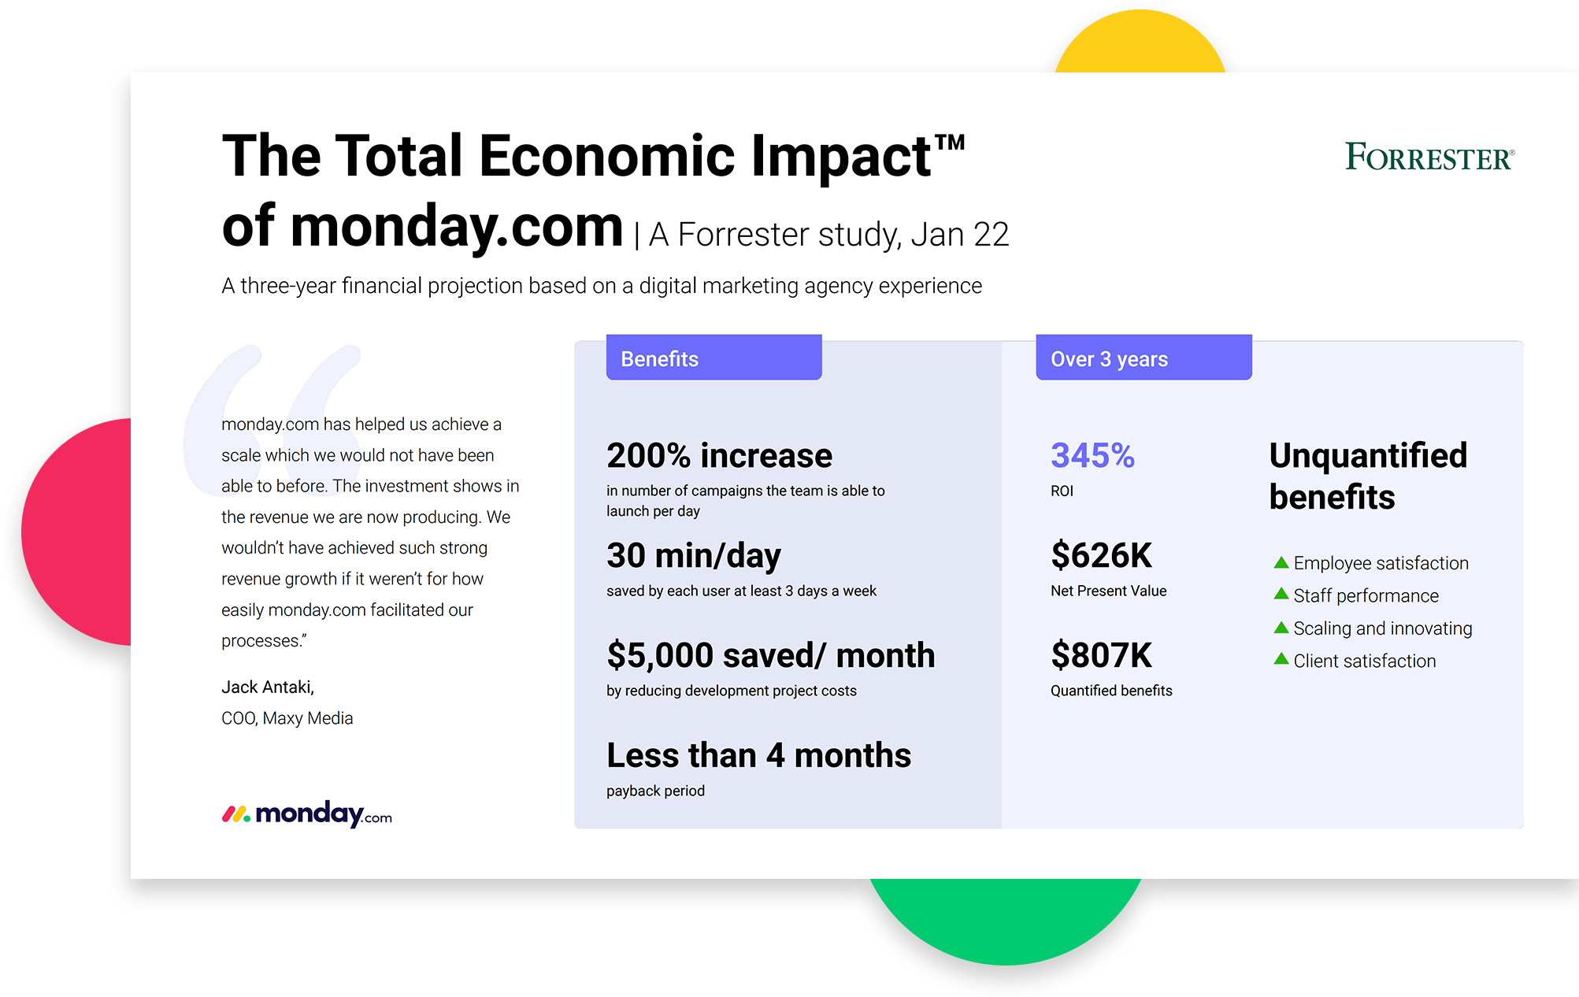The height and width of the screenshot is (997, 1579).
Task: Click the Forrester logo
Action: pyautogui.click(x=1429, y=157)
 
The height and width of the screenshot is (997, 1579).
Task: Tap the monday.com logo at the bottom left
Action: pyautogui.click(x=306, y=814)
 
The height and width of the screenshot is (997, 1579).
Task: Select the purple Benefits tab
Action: pyautogui.click(x=714, y=358)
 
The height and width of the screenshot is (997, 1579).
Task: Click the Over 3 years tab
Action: pyautogui.click(x=1143, y=358)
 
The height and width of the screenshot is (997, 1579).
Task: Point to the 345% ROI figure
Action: pyautogui.click(x=1092, y=455)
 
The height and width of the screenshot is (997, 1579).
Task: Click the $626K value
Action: pyautogui.click(x=1101, y=555)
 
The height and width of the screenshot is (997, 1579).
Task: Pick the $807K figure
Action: pyautogui.click(x=1101, y=655)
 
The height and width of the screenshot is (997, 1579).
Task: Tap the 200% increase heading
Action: pyautogui.click(x=719, y=455)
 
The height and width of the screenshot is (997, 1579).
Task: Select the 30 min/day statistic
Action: pyautogui.click(x=694, y=556)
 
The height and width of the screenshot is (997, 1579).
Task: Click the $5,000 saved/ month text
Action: pyautogui.click(x=771, y=655)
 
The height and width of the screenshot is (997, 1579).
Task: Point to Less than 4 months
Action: pyautogui.click(x=758, y=755)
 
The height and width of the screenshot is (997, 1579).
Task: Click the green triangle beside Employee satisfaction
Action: pyautogui.click(x=1281, y=562)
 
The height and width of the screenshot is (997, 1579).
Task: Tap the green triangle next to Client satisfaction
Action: pyautogui.click(x=1281, y=659)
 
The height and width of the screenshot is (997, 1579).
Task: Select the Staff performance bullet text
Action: pyautogui.click(x=1366, y=595)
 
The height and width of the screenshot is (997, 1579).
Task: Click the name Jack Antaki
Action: pyautogui.click(x=268, y=688)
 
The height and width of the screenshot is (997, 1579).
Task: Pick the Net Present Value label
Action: pyautogui.click(x=1108, y=591)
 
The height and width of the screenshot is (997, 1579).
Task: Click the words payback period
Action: pyautogui.click(x=655, y=791)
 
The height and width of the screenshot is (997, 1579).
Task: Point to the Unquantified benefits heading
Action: pyautogui.click(x=1368, y=476)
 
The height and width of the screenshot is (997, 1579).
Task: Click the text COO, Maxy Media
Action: pyautogui.click(x=287, y=718)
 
